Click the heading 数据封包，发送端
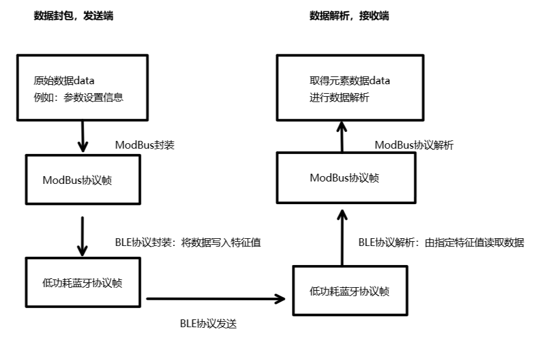pos(73,16)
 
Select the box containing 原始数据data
pos(82,86)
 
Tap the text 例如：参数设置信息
pos(79,97)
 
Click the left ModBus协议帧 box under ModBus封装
pos(83,180)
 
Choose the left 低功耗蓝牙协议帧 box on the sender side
pos(83,283)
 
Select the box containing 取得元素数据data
pos(350,86)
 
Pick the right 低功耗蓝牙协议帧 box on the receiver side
pos(350,291)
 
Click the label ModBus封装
pos(144,145)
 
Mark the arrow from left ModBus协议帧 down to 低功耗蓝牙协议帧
pos(83,236)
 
